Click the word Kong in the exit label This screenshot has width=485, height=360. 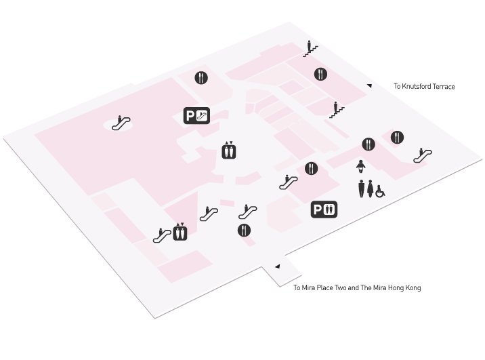tap(413, 288)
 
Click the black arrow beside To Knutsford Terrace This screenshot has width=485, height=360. tap(369, 85)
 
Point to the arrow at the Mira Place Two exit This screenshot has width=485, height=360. tap(278, 266)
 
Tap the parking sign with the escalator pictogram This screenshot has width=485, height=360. tap(196, 116)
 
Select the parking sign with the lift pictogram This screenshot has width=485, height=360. tap(324, 209)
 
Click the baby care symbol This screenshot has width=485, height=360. tap(360, 167)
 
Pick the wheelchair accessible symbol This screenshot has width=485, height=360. tap(380, 191)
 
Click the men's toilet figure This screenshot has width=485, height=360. tap(362, 188)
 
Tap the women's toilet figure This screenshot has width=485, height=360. tap(371, 188)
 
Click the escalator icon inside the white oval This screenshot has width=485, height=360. tap(121, 123)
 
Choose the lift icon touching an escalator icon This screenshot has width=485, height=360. tap(180, 232)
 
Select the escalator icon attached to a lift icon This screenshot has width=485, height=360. tap(162, 235)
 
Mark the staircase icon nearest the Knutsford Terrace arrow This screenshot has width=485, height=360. tap(337, 111)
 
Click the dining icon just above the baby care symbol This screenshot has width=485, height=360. tap(368, 144)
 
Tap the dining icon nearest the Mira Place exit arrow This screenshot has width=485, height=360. tap(244, 231)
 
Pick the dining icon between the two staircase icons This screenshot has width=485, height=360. tap(320, 75)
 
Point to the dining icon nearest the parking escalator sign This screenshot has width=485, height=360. tap(201, 78)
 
